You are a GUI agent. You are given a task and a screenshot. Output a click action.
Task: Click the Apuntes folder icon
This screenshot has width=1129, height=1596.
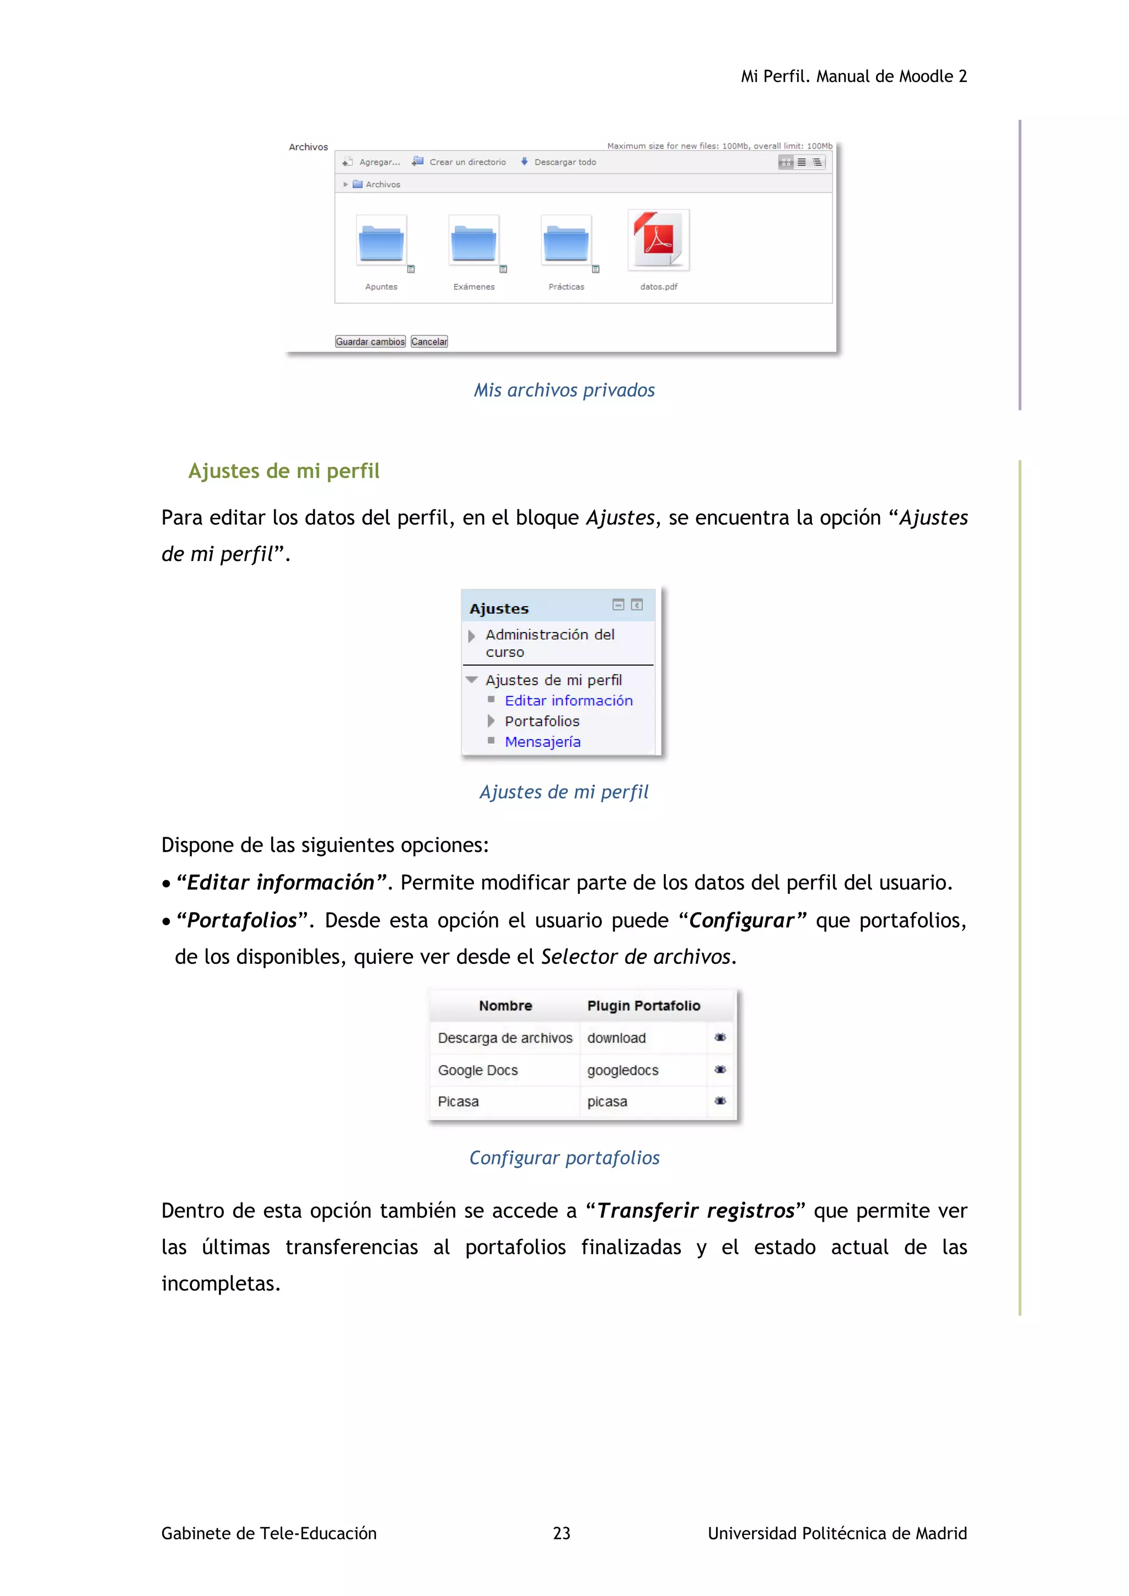click(381, 242)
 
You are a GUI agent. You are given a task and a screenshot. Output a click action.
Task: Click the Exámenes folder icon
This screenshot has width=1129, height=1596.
click(474, 242)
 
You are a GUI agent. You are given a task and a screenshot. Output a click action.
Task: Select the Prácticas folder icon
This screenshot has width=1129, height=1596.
click(566, 242)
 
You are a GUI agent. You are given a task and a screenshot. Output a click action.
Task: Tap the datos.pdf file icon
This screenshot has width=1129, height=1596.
click(658, 240)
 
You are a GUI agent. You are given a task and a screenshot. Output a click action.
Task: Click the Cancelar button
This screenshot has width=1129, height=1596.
click(429, 341)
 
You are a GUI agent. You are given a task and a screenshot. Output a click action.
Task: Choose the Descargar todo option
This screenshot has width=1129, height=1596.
click(564, 162)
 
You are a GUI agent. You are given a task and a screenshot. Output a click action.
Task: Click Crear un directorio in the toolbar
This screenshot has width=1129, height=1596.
click(467, 162)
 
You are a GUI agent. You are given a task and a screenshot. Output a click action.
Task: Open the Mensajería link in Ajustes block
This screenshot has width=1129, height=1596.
click(542, 742)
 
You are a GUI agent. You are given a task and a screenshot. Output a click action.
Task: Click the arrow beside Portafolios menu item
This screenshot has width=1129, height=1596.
click(491, 721)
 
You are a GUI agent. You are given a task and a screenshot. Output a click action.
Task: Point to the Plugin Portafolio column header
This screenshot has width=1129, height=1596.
click(643, 1006)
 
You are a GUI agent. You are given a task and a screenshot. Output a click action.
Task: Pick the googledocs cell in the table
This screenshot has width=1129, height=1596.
click(622, 1070)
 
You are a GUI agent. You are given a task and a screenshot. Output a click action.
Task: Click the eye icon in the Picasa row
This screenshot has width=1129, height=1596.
click(720, 1101)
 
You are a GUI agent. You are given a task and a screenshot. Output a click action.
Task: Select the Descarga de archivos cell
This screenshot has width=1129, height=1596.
click(505, 1038)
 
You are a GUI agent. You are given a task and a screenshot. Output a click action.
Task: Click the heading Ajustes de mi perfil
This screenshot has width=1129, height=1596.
click(284, 471)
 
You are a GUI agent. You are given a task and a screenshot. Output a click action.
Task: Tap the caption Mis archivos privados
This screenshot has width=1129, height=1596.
click(564, 391)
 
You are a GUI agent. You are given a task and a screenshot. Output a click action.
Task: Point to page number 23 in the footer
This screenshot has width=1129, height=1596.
click(561, 1533)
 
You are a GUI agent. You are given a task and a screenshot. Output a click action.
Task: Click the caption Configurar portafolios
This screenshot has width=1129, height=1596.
click(564, 1158)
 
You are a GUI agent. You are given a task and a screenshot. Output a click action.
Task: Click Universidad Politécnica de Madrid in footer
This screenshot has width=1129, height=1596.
click(837, 1533)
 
